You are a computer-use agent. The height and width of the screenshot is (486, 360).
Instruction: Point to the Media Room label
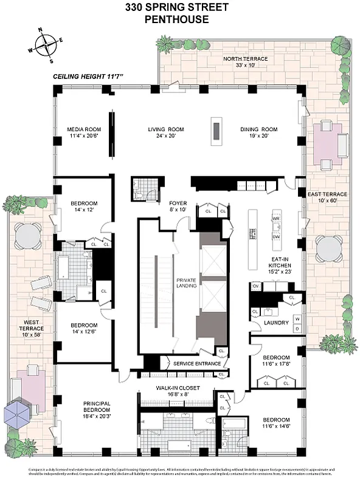click(83, 129)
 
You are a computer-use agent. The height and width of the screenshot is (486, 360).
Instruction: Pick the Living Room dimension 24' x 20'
click(166, 136)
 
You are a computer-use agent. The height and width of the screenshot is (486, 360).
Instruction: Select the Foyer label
click(178, 203)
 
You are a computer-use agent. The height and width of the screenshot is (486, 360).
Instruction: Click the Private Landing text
click(186, 283)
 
